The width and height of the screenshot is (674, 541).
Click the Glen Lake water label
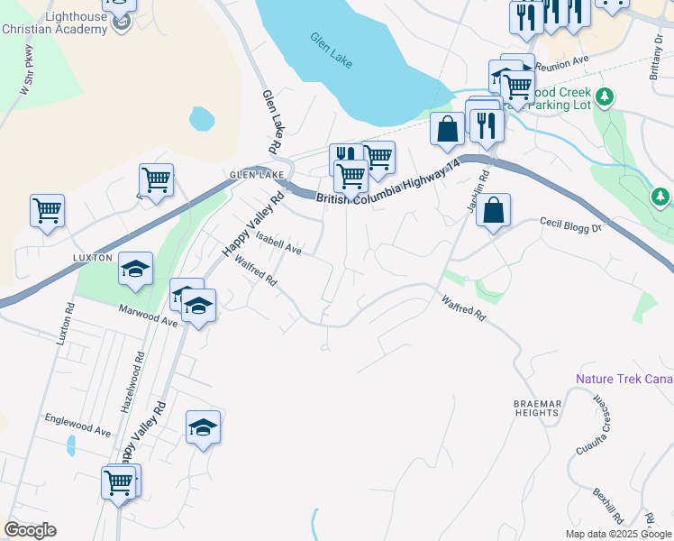point(332,51)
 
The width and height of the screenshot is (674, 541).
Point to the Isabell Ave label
point(278,242)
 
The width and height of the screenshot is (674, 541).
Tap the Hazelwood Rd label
point(139,370)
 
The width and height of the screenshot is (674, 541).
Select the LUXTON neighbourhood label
point(93,257)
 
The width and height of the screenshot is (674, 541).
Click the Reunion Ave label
point(560,64)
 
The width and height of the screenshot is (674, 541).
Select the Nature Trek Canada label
point(624,380)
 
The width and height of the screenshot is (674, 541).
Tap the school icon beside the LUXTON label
point(136,268)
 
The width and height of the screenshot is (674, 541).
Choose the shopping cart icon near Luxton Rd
point(47,211)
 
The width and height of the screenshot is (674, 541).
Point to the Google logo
point(30,530)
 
